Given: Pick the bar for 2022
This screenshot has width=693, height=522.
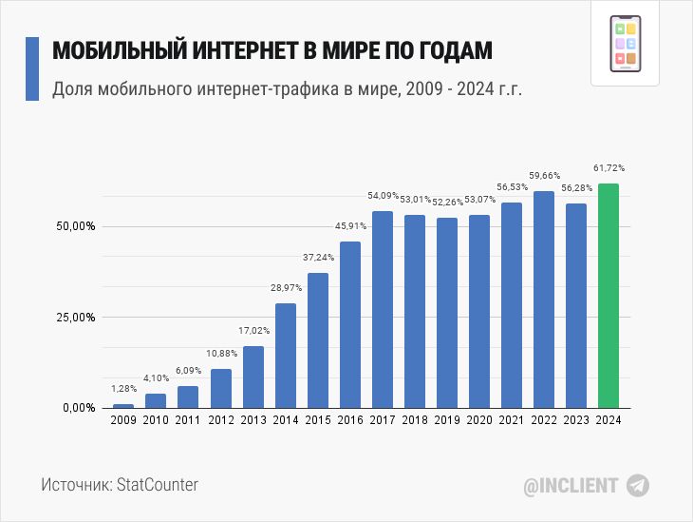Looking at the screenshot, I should click(x=543, y=299).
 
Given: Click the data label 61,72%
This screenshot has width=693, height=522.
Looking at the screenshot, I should click(x=609, y=168).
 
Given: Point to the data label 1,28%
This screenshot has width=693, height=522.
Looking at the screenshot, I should click(x=123, y=389).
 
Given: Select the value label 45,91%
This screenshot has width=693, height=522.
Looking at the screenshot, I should click(x=350, y=226).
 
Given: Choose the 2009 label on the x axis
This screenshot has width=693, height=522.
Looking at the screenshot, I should click(x=123, y=419).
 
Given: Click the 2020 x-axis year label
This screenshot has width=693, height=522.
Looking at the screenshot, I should click(x=478, y=419).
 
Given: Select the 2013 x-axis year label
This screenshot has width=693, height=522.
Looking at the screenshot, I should click(x=253, y=419).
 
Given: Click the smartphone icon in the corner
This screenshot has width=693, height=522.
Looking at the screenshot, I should click(x=625, y=46).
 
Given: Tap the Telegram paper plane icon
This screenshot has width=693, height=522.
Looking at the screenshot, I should click(x=638, y=485).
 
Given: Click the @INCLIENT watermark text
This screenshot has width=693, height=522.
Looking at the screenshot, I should click(x=571, y=485).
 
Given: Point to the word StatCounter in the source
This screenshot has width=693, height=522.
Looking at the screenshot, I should click(x=157, y=485).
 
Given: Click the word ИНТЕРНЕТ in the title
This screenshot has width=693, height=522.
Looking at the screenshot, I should click(x=245, y=52).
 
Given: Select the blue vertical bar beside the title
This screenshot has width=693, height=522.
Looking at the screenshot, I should click(x=31, y=69).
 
